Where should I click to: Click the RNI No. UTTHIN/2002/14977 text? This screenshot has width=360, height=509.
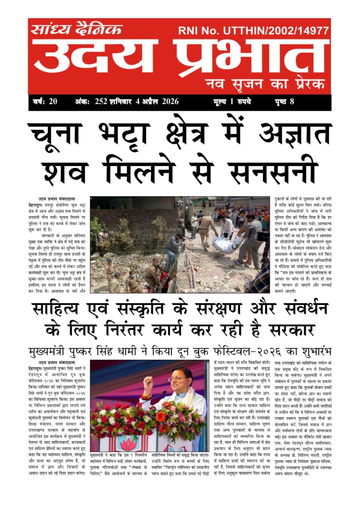pyautogui.click(x=253, y=30)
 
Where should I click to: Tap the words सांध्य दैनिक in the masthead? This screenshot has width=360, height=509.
pyautogui.click(x=76, y=29)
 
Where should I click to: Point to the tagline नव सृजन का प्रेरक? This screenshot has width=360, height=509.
pyautogui.click(x=265, y=84)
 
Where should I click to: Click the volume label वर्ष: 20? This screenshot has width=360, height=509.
pyautogui.click(x=45, y=102)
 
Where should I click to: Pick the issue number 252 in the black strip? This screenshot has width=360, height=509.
pyautogui.click(x=101, y=102)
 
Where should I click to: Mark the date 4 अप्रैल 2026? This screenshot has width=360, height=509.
pyautogui.click(x=157, y=102)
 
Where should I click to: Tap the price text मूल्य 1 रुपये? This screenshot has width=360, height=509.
pyautogui.click(x=232, y=102)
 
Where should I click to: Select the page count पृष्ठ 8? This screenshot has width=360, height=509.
pyautogui.click(x=285, y=102)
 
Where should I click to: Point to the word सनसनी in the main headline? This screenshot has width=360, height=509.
pyautogui.click(x=273, y=172)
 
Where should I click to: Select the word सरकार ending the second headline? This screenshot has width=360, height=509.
pyautogui.click(x=291, y=330)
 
